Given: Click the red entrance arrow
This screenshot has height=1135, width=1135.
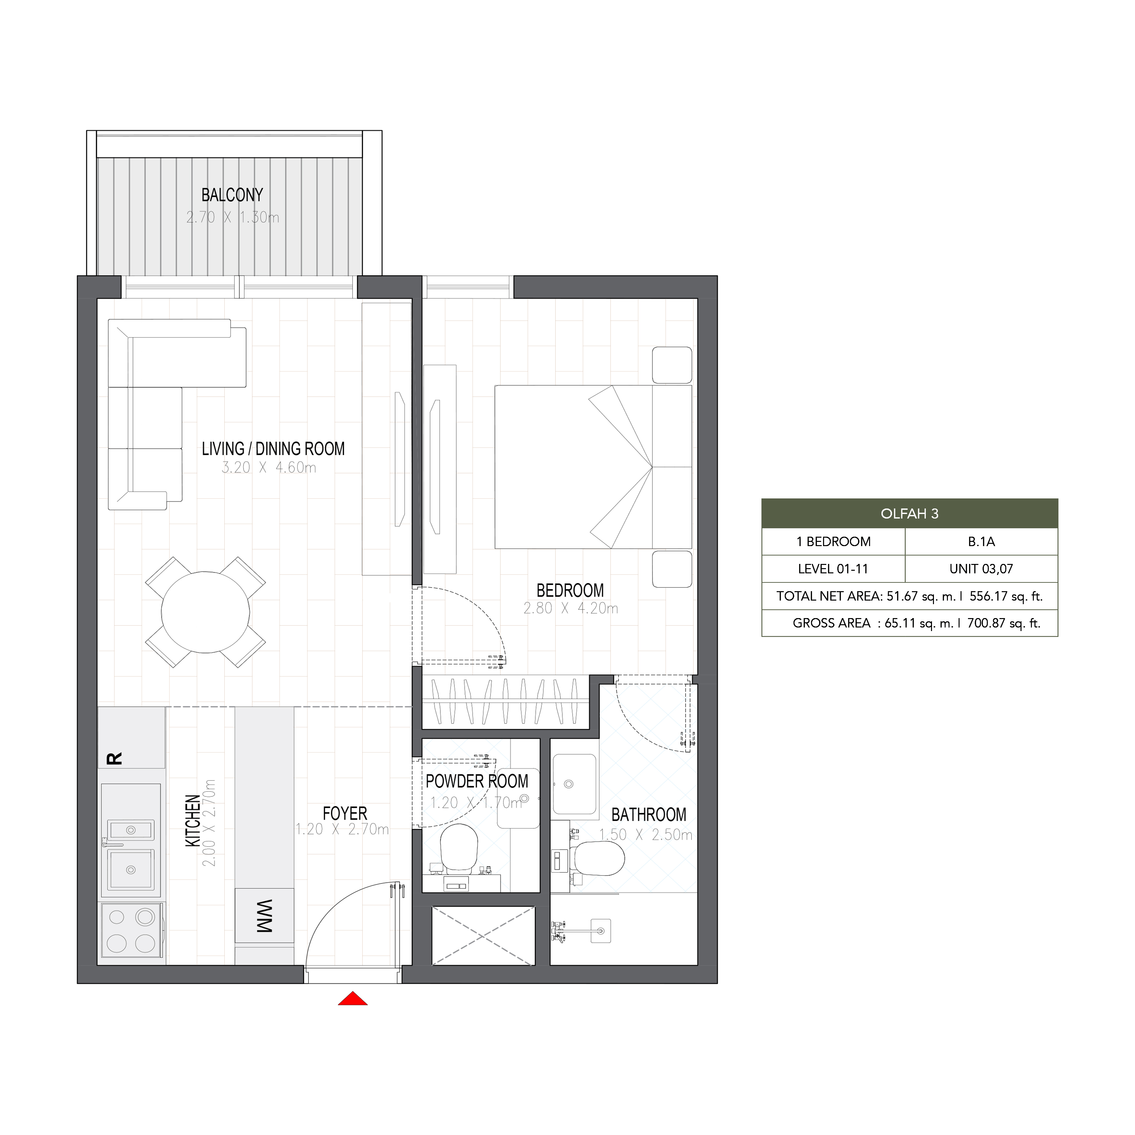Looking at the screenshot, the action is tap(353, 998).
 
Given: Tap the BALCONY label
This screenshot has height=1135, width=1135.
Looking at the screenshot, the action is tap(232, 195).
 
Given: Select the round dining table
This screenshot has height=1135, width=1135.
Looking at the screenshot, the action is tap(206, 612).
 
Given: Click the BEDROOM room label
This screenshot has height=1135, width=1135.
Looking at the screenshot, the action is tap(570, 591).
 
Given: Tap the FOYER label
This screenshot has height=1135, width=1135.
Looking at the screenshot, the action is tap(345, 814).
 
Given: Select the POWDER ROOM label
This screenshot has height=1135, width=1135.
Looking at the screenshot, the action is tap(477, 781).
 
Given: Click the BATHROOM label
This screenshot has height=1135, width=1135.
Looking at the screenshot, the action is tap(649, 815).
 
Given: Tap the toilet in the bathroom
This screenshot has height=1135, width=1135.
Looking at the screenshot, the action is tap(599, 859).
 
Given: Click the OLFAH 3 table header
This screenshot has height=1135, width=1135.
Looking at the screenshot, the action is tap(909, 513).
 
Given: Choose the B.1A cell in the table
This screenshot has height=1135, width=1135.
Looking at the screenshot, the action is tap(981, 542).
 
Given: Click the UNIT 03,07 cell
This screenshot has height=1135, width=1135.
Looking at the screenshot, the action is tap(981, 569).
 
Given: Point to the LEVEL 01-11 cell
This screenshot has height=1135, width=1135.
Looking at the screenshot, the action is tap(833, 569).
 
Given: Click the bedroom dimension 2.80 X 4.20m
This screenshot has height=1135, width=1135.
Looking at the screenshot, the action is tap(570, 609).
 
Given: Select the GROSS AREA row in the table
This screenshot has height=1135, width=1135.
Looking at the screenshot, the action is tap(909, 623).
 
